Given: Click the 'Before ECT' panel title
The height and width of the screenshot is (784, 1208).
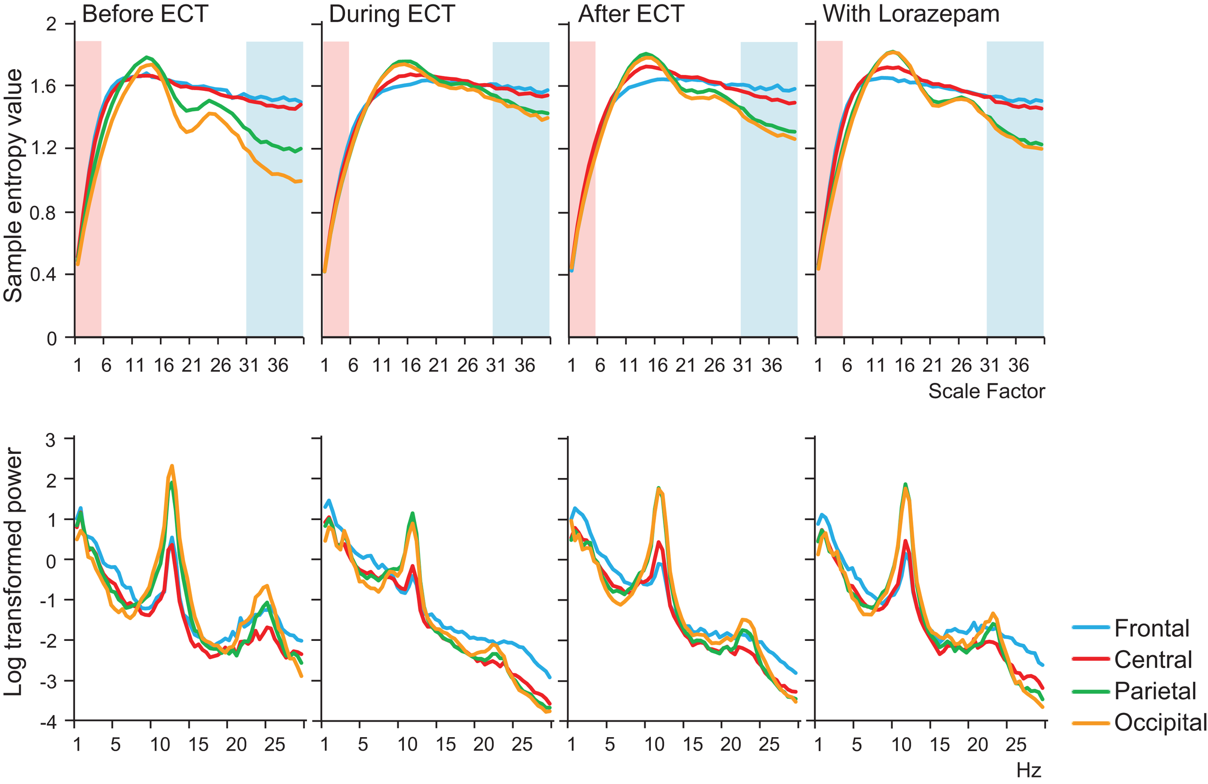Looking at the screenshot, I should tap(144, 14).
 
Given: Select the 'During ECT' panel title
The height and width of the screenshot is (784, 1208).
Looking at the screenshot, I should tap(391, 14).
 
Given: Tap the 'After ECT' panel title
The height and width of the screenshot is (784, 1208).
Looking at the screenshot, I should tap(631, 14).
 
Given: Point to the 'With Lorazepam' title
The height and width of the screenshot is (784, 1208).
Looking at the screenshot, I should tap(911, 14).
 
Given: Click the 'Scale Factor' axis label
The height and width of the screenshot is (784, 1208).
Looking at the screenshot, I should tap(986, 391).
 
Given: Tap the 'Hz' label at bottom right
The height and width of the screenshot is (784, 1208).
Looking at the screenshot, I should tap(1029, 770).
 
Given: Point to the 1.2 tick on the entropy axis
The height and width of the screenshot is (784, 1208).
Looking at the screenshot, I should tap(43, 149).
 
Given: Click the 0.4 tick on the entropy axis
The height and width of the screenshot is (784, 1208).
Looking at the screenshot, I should tap(43, 275).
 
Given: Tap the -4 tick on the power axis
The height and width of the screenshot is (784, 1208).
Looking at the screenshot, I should tap(48, 722).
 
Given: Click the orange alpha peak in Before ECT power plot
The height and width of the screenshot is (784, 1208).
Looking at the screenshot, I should tap(172, 466).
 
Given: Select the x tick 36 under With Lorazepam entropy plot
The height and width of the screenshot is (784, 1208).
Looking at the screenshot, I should tap(1018, 365).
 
